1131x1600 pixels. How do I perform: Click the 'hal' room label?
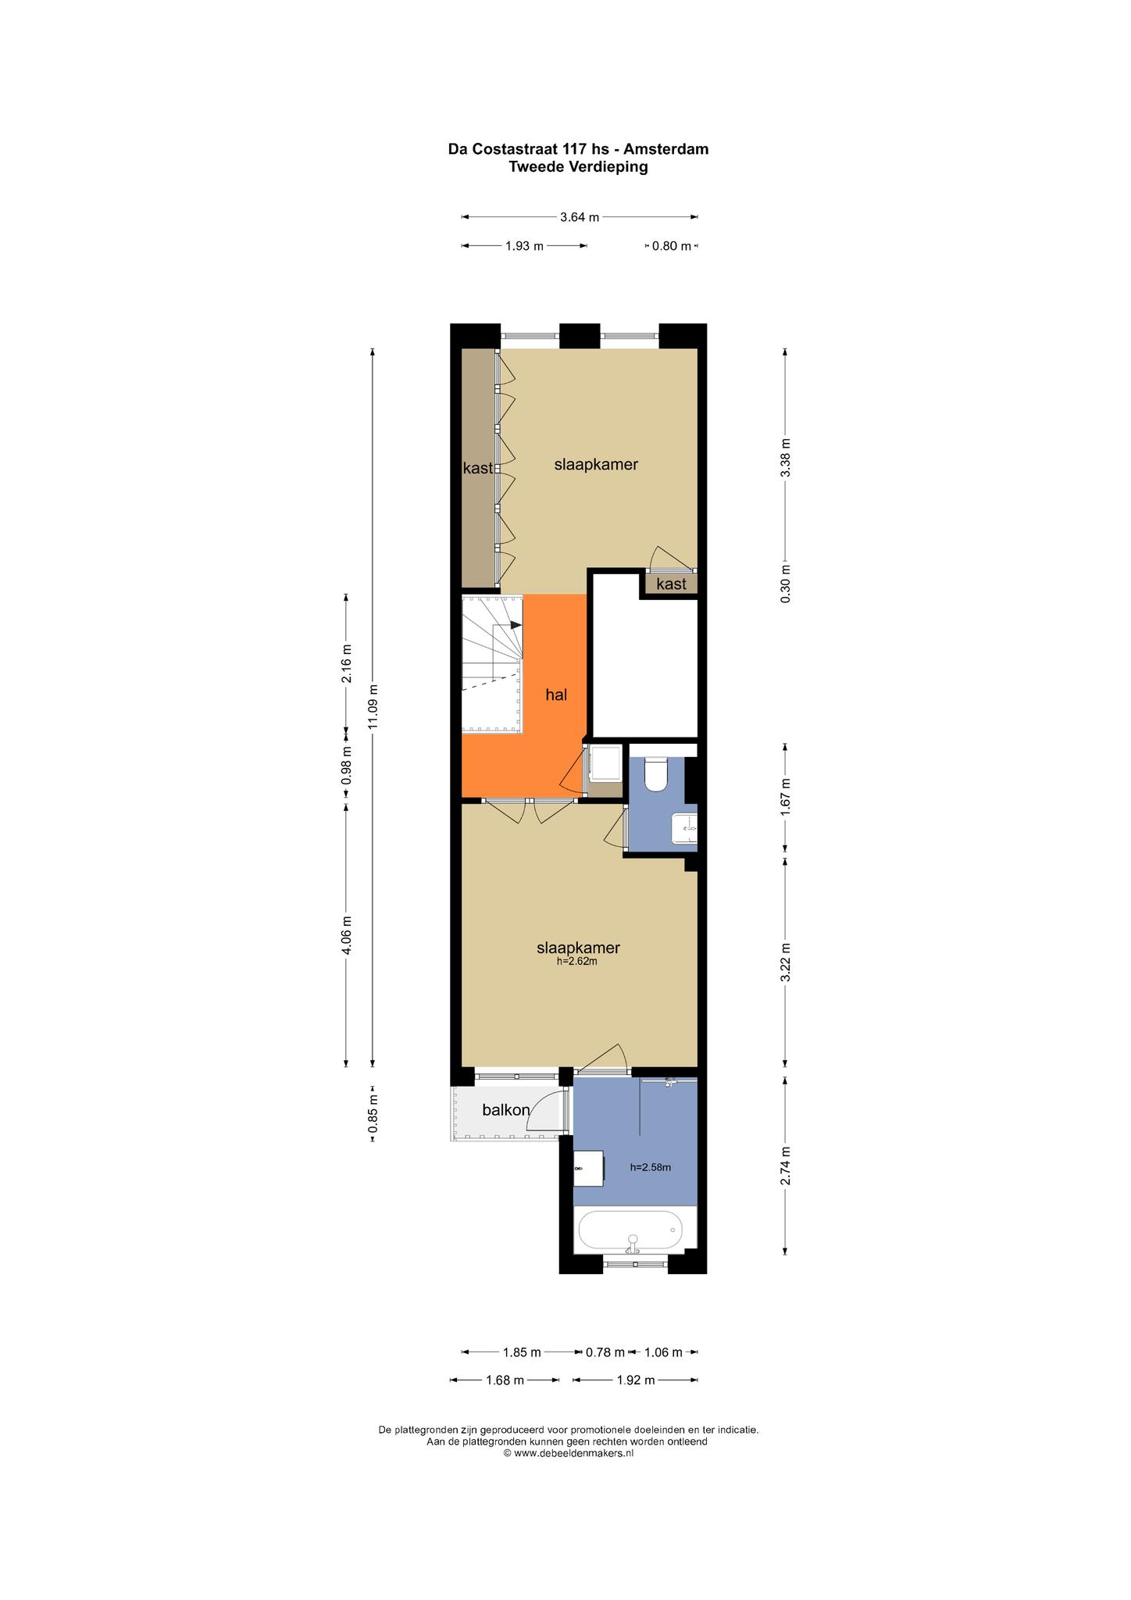tap(556, 695)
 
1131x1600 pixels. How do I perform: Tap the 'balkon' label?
tap(506, 1109)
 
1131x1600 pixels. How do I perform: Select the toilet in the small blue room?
tap(656, 774)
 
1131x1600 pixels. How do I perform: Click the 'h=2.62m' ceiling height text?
tap(577, 962)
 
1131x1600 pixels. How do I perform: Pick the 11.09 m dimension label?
tap(373, 707)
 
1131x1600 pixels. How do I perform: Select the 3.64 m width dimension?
tap(580, 217)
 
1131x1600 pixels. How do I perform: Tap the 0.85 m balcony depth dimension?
tap(373, 1113)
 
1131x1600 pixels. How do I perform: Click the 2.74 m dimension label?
tap(786, 1166)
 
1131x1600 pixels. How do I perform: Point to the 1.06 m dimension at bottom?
tap(663, 1352)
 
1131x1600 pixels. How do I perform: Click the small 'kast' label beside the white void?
tap(671, 584)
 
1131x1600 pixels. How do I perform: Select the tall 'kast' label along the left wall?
tap(478, 468)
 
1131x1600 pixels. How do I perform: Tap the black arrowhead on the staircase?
tap(516, 625)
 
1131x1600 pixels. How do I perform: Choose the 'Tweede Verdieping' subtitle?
tap(578, 166)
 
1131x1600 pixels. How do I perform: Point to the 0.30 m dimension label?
tap(786, 584)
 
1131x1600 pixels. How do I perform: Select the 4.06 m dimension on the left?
tap(348, 934)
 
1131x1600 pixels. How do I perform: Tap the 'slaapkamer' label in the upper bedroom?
tap(596, 464)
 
